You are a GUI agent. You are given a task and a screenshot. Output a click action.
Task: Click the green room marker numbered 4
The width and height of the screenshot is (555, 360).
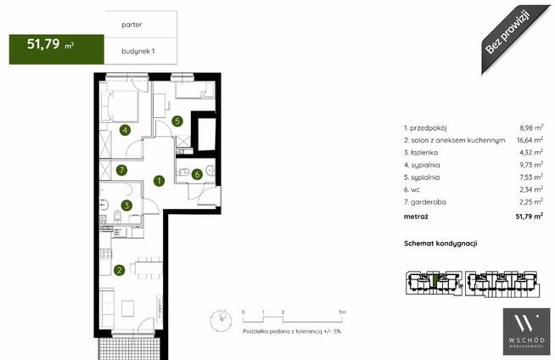point(125,130)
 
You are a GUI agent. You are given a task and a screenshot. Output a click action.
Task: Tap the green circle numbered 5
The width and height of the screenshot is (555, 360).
point(177,121)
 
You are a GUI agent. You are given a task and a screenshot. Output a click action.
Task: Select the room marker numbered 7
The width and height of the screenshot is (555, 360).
point(121,171)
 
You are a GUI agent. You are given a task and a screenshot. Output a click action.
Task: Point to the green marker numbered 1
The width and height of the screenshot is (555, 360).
point(160,181)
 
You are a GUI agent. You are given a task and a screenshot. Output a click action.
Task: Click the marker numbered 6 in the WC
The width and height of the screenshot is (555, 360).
point(197,174)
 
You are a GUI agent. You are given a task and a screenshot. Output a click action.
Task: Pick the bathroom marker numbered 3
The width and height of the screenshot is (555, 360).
point(126,205)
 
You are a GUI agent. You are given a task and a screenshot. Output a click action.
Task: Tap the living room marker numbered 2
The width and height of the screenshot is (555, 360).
point(120,271)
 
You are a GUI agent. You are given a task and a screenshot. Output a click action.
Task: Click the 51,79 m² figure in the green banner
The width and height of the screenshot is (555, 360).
point(50,44)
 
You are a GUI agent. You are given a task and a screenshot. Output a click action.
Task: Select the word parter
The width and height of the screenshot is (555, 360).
point(132,25)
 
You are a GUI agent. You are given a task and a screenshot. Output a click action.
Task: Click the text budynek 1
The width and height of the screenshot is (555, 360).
point(138,51)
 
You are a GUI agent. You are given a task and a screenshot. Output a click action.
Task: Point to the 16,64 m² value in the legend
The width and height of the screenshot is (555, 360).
point(530,140)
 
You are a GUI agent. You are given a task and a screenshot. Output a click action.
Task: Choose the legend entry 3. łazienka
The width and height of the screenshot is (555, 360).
point(421,153)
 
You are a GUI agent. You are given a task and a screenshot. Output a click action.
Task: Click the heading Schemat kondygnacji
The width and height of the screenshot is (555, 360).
point(440,244)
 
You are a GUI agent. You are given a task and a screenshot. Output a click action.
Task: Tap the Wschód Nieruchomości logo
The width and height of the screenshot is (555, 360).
point(527,331)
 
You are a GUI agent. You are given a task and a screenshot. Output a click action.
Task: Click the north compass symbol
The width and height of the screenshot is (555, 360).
point(221,320)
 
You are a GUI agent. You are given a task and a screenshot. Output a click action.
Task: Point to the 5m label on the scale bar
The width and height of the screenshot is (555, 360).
point(342,312)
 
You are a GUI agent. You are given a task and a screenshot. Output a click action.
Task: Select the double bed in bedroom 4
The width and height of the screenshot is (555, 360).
point(122,106)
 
